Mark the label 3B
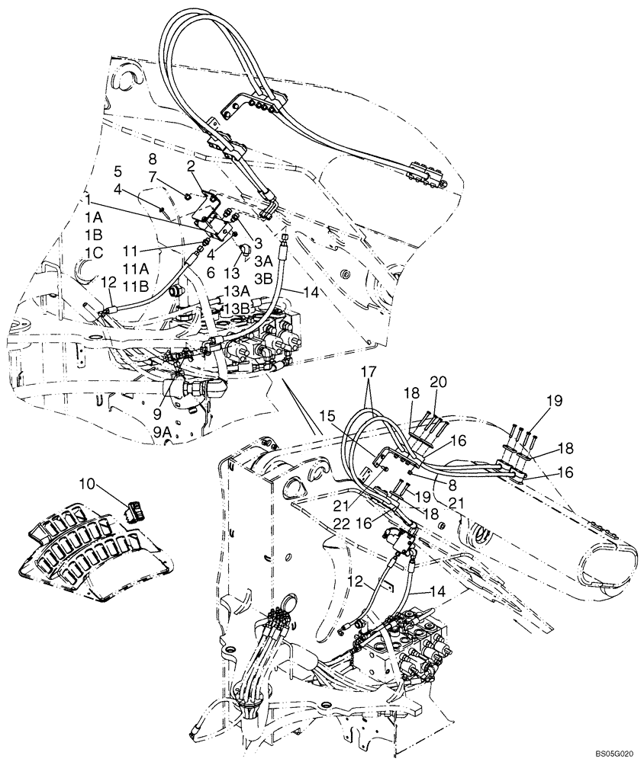tap(262, 278)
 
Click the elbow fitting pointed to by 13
tap(246, 251)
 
